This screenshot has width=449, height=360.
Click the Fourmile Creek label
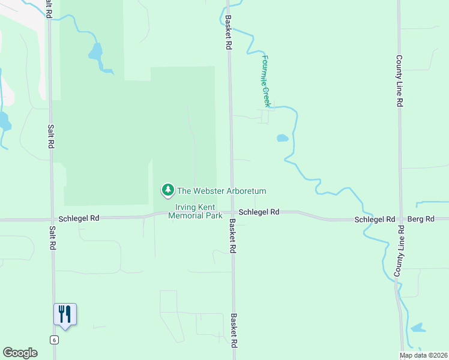(267, 82)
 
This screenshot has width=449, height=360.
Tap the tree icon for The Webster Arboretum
(168, 190)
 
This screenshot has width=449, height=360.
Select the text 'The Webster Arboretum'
(221, 191)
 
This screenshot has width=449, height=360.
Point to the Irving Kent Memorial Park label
(195, 211)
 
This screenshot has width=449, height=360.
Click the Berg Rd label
(420, 220)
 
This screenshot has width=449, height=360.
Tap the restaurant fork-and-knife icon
(65, 314)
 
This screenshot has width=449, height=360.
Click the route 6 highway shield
(55, 340)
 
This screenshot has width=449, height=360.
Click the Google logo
(20, 353)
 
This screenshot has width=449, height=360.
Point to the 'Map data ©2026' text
(424, 355)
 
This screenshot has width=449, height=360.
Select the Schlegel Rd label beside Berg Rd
(375, 220)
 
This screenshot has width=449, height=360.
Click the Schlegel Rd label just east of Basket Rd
(259, 212)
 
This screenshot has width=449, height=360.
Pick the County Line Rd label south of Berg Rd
(397, 252)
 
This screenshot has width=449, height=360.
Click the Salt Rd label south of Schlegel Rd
(53, 238)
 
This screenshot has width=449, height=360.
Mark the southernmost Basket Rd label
(233, 331)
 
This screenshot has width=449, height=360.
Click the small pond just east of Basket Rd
(282, 138)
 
